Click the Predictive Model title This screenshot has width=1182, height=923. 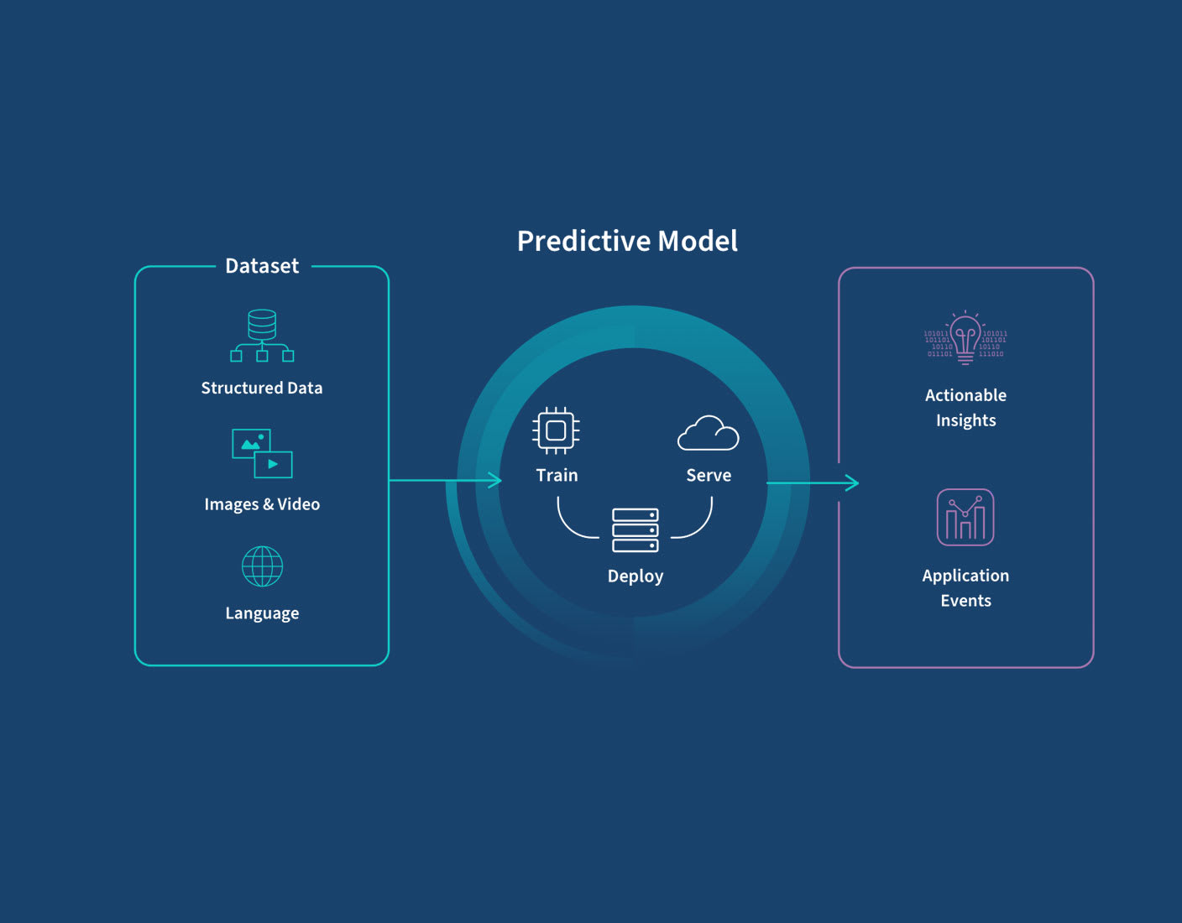[x=627, y=241]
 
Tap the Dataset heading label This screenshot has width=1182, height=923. [x=262, y=266]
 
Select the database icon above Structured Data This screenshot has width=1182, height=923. [x=262, y=336]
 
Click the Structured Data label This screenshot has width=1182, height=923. [x=262, y=388]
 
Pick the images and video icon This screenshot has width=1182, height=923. [x=262, y=453]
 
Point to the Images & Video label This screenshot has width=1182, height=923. [x=262, y=504]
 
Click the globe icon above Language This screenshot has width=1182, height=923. [x=262, y=566]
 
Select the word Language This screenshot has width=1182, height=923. [x=262, y=613]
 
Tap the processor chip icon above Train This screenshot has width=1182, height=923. [x=556, y=430]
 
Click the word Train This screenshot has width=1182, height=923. [x=557, y=475]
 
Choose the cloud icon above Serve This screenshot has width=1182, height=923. [x=709, y=433]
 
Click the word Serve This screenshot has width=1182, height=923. [x=709, y=475]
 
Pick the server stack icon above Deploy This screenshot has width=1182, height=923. [x=635, y=530]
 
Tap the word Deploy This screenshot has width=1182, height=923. [x=635, y=576]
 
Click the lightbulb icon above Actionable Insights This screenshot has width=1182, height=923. [x=965, y=337]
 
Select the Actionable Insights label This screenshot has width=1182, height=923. [x=965, y=408]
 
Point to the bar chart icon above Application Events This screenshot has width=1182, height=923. [x=965, y=517]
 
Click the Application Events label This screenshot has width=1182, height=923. [x=965, y=587]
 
